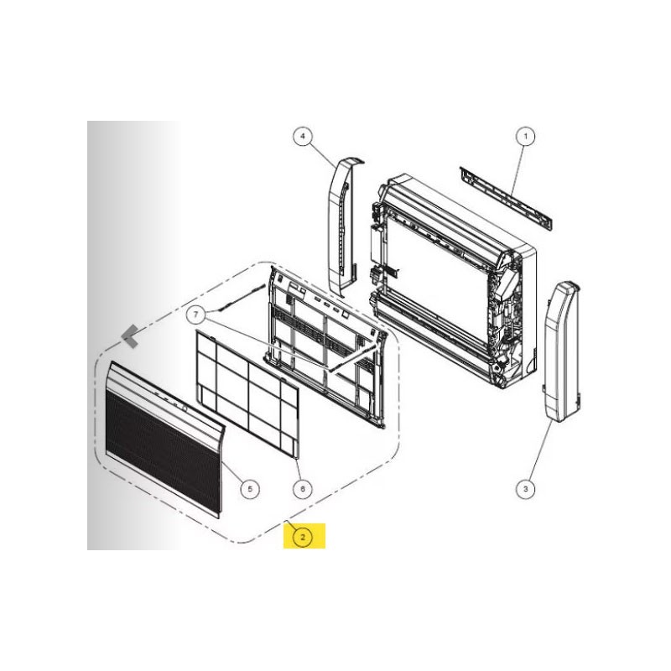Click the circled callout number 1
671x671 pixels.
[x=526, y=137]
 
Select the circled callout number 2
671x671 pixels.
[x=303, y=537]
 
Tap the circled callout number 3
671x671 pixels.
[x=526, y=488]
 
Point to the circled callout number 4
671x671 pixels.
[x=303, y=137]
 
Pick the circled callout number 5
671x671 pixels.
[x=250, y=488]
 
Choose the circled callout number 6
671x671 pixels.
[x=303, y=488]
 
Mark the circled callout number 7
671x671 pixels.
[x=196, y=315]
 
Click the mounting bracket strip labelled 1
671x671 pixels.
[x=506, y=198]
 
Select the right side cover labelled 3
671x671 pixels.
[x=562, y=351]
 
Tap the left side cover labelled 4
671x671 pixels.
[x=345, y=226]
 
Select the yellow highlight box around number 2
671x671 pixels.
[x=304, y=536]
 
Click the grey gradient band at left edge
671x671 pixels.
[x=133, y=335]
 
